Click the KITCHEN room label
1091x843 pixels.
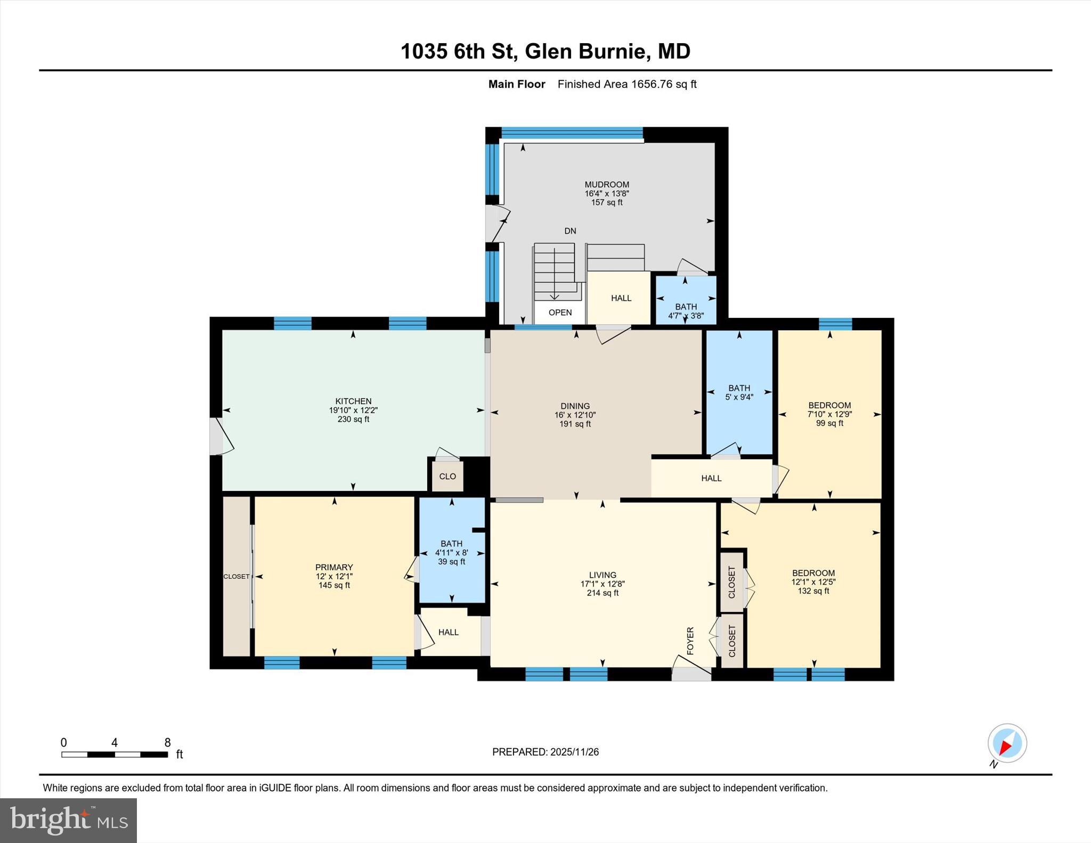[x=353, y=401]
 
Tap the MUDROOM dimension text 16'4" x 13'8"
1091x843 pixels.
[x=607, y=194]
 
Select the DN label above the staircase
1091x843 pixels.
[x=570, y=231]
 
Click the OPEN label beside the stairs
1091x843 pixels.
[x=560, y=313]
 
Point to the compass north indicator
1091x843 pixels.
[x=1007, y=743]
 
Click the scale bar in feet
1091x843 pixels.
[x=115, y=754]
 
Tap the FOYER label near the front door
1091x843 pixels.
[x=690, y=641]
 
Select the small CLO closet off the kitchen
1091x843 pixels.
[x=447, y=476]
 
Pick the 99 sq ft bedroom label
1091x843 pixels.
[x=829, y=423]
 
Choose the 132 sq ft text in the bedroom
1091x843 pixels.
[x=813, y=591]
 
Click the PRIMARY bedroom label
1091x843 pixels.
[x=334, y=567]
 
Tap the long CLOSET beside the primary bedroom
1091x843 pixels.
[x=236, y=576]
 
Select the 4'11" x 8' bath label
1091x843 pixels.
[x=451, y=553]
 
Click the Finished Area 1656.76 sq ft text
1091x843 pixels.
[x=627, y=84]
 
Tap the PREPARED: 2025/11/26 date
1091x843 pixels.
[x=545, y=752]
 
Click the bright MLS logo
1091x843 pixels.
[x=68, y=820]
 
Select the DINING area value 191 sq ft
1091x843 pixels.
[x=575, y=424]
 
